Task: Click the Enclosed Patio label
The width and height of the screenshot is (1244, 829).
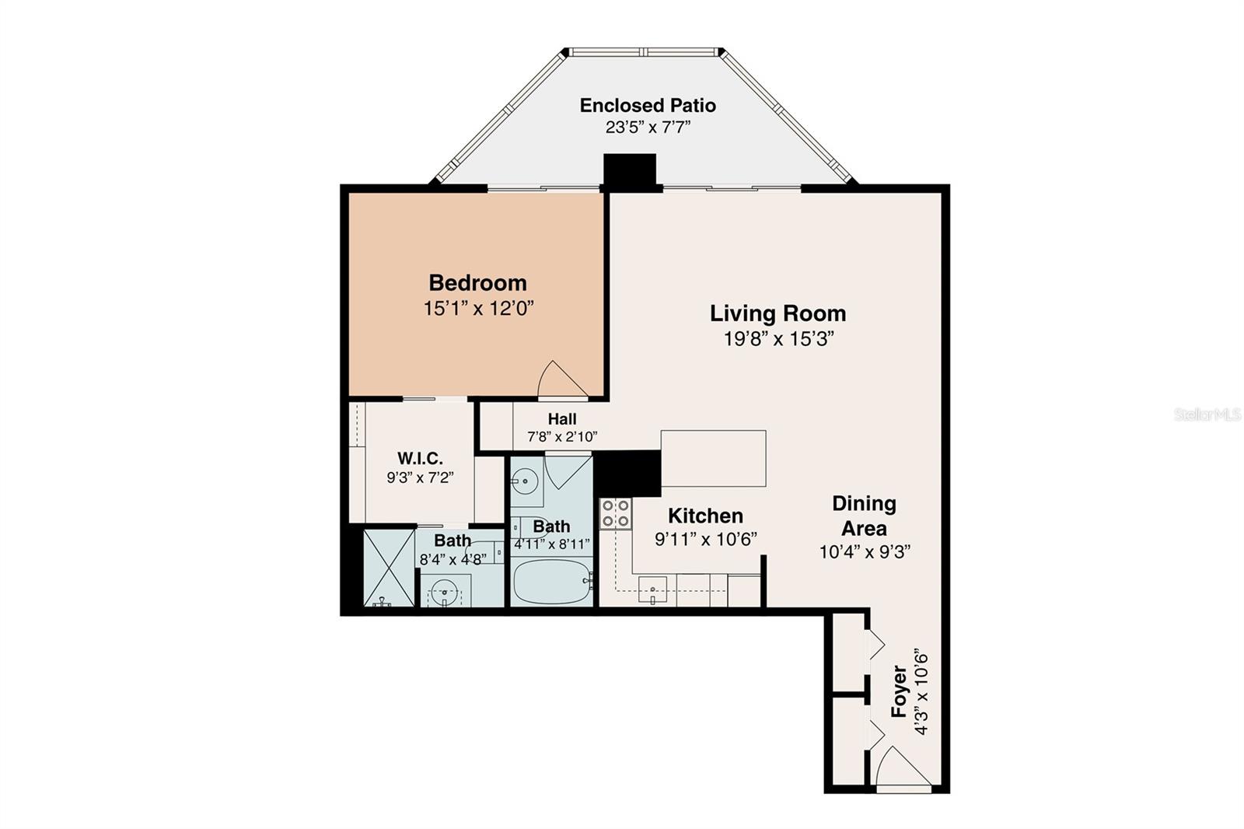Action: (648, 105)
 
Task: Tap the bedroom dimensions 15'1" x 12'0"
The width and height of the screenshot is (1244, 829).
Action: (478, 309)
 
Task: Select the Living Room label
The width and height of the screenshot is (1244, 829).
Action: (777, 313)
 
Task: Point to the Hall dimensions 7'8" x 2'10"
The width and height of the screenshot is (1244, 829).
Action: (562, 437)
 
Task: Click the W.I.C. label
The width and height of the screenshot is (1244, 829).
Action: (420, 458)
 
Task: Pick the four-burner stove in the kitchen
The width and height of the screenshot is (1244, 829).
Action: (615, 513)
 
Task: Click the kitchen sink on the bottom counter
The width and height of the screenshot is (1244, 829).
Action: (652, 589)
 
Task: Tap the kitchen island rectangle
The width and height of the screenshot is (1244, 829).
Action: (713, 458)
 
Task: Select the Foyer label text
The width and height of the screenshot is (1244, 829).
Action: (899, 691)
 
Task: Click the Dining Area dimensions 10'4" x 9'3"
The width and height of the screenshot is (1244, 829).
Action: (865, 552)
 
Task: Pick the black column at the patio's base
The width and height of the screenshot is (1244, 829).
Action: (630, 172)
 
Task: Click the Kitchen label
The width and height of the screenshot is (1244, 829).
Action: (705, 516)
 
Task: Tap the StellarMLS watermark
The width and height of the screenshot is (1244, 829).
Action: (1207, 414)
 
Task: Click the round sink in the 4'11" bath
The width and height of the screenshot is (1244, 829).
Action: (526, 481)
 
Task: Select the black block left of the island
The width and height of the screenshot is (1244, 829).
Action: (627, 473)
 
